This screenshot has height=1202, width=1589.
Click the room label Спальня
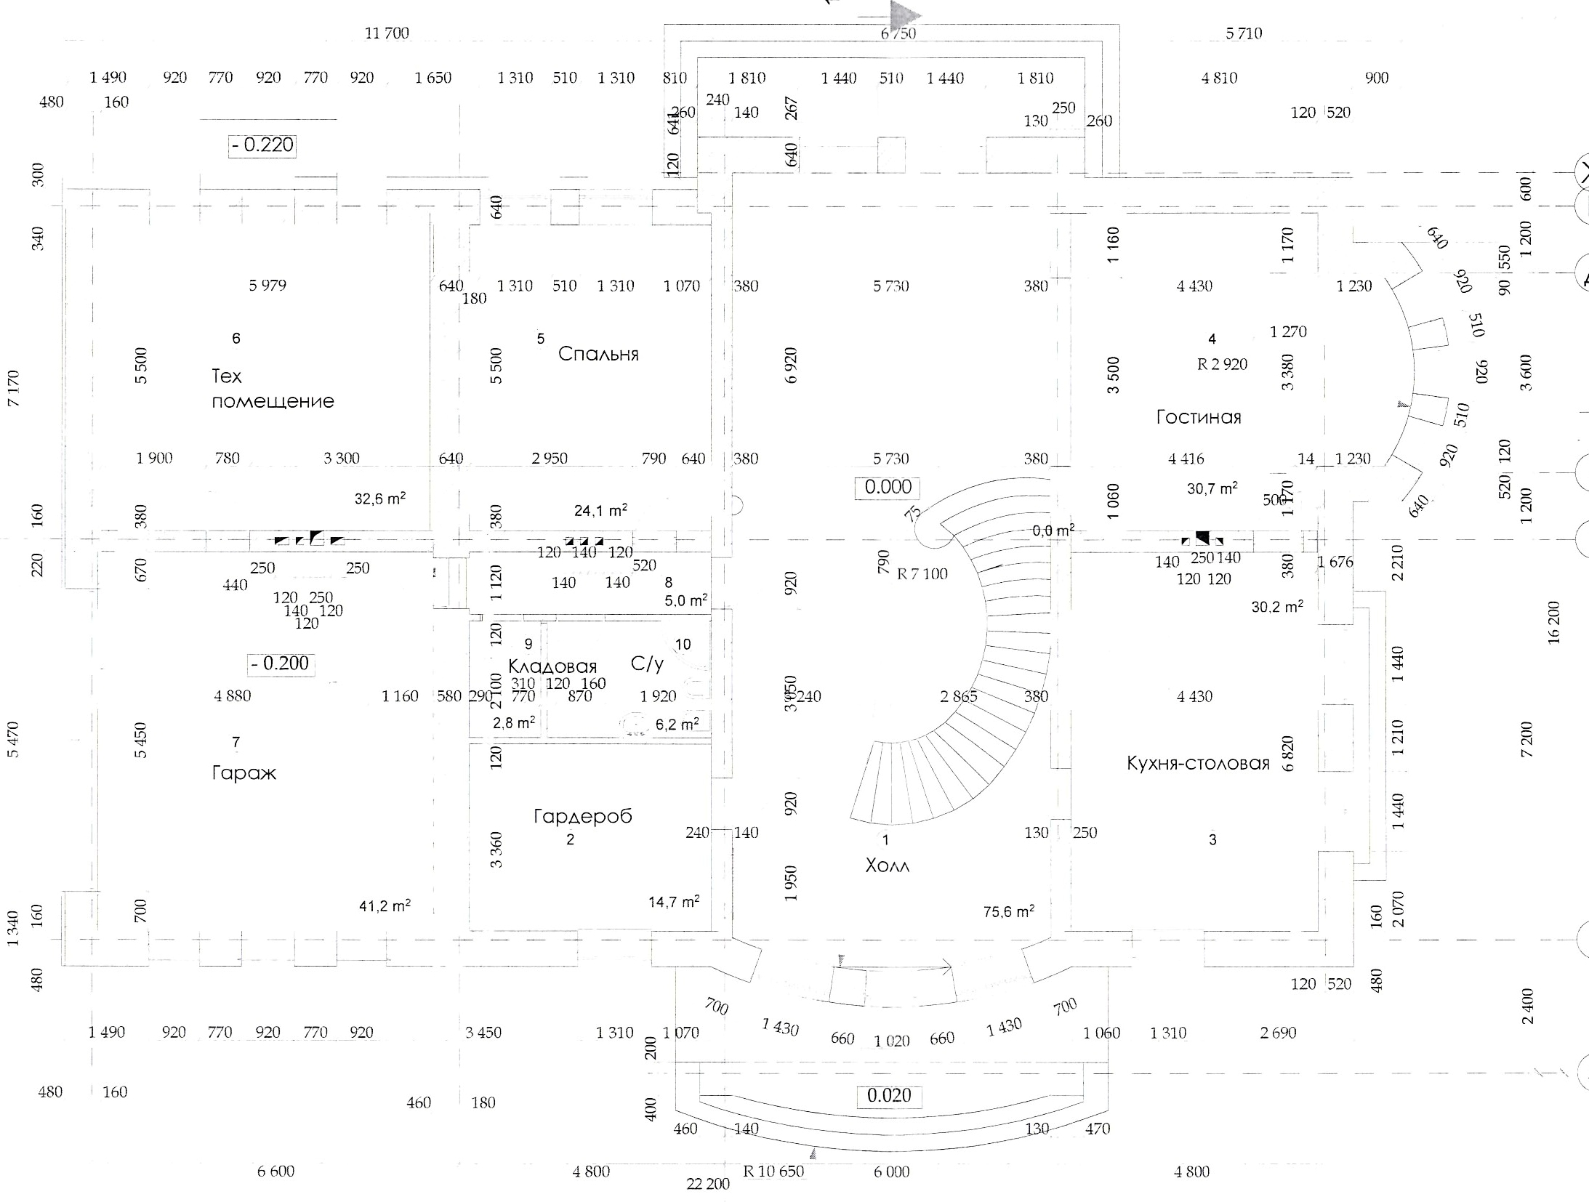click(598, 354)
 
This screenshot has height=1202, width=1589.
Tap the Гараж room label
click(244, 773)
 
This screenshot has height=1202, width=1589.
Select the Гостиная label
click(1198, 417)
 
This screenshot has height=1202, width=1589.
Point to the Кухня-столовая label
click(1198, 763)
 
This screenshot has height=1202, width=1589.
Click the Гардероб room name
click(583, 816)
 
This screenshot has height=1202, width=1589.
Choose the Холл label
click(887, 866)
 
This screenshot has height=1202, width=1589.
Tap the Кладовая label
click(552, 666)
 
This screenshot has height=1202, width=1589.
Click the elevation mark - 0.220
click(262, 145)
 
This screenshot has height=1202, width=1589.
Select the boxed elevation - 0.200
click(280, 663)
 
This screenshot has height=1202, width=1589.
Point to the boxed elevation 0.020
click(889, 1096)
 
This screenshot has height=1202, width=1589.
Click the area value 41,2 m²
click(385, 905)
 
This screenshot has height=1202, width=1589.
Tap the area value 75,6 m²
click(1009, 911)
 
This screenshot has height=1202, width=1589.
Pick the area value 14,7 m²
click(674, 902)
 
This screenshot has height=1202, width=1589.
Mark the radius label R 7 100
click(922, 574)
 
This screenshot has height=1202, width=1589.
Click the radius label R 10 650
click(773, 1171)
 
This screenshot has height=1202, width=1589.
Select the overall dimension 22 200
click(708, 1185)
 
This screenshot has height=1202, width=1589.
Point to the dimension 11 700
click(387, 33)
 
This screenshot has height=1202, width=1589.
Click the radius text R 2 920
click(1222, 364)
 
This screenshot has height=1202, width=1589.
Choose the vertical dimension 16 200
click(1554, 623)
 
